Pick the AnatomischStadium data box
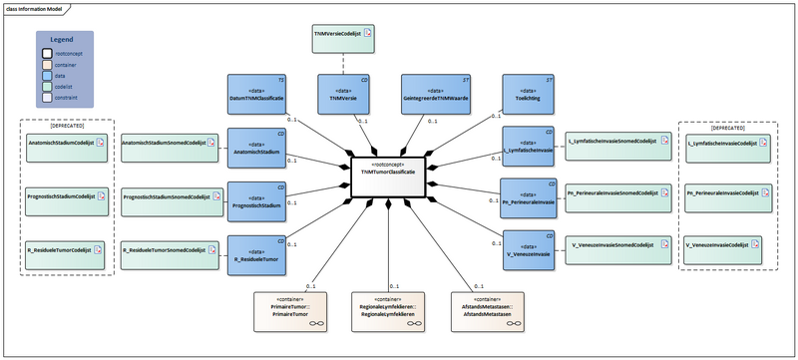tap(257, 149)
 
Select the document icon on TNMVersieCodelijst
tap(368, 34)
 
